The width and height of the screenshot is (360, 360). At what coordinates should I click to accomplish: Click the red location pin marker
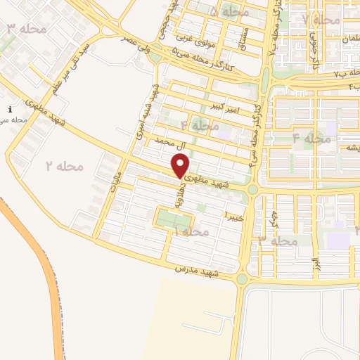pos(181,167)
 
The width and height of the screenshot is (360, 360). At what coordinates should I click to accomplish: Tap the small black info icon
pos(10,109)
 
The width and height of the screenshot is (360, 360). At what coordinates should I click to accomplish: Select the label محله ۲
pos(65,167)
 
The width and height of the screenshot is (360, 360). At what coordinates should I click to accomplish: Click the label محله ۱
pos(192,231)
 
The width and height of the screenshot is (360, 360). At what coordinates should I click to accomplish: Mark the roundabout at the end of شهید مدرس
pos(242,279)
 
